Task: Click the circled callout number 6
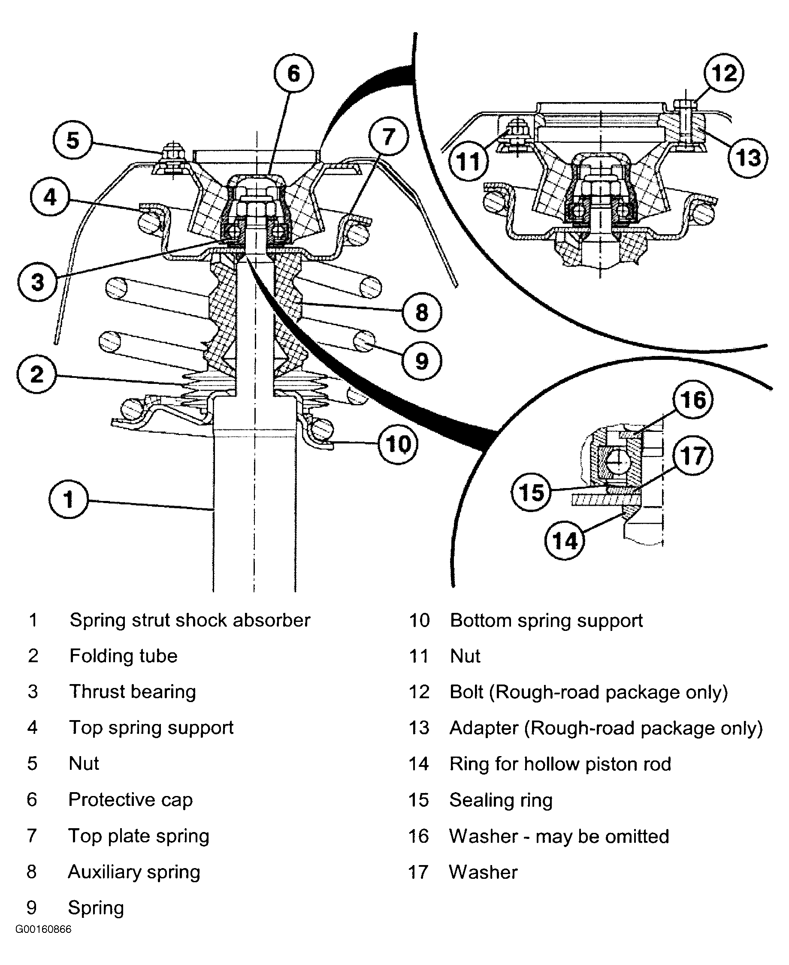click(x=293, y=74)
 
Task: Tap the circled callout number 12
click(x=724, y=73)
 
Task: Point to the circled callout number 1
click(x=69, y=499)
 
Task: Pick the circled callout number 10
click(x=398, y=443)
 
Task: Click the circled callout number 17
click(x=692, y=455)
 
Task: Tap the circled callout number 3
click(x=38, y=281)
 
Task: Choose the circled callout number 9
click(x=422, y=361)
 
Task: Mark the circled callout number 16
click(x=692, y=400)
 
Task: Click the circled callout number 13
click(x=748, y=158)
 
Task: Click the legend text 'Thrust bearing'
click(x=132, y=692)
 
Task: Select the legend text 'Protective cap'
click(x=130, y=799)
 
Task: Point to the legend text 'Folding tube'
click(x=123, y=656)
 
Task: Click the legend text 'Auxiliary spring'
click(x=134, y=872)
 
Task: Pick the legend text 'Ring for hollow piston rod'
click(x=560, y=764)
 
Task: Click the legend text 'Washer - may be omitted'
click(x=559, y=836)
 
